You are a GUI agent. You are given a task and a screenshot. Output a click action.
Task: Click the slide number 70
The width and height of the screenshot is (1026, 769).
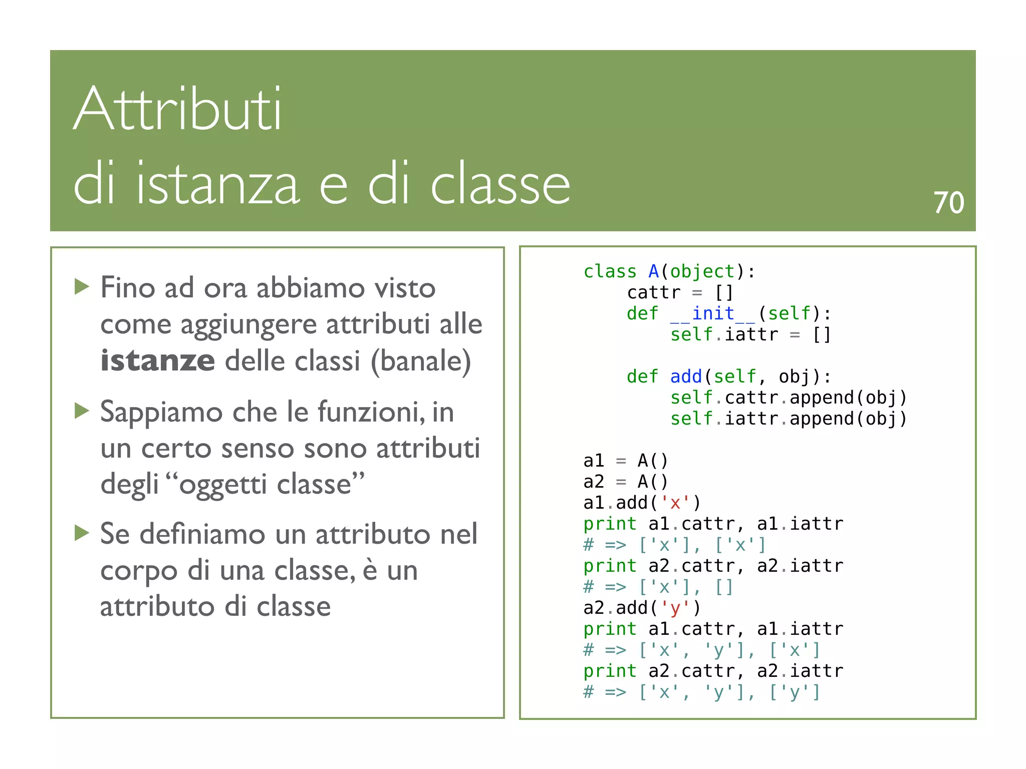[x=948, y=203]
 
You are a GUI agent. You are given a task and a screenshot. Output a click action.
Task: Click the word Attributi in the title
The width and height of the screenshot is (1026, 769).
[x=178, y=109]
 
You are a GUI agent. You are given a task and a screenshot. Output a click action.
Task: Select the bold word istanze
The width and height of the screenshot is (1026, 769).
[x=158, y=360]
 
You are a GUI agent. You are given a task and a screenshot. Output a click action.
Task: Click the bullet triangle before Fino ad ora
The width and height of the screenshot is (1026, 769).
[x=82, y=287]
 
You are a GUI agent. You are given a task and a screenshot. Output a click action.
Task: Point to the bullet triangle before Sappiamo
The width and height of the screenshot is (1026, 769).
[x=82, y=411]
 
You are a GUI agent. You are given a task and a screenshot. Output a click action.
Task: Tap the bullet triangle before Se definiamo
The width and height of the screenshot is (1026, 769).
[x=82, y=533]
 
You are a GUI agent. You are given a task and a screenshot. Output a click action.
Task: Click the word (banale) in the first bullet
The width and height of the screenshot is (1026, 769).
[x=421, y=360]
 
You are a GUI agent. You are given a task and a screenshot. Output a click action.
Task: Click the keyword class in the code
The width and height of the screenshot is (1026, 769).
[x=610, y=271]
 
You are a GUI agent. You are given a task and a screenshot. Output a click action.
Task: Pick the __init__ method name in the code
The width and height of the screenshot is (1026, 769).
[x=713, y=313]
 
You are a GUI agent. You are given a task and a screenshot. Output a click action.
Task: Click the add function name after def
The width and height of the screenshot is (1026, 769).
[x=686, y=376]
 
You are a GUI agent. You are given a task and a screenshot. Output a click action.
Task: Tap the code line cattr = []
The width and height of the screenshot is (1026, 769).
[x=680, y=292]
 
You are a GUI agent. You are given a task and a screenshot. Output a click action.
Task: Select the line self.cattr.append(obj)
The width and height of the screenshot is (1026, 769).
[x=789, y=398]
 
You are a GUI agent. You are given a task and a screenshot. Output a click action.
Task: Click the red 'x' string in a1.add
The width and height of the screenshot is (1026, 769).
[x=675, y=503]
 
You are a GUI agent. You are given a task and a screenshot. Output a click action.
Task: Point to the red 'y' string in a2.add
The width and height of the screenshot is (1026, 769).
[x=675, y=608]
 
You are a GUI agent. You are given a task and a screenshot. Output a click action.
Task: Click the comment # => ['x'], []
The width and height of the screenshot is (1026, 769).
[x=658, y=587]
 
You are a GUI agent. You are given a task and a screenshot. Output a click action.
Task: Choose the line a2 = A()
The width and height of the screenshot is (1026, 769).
[x=626, y=482]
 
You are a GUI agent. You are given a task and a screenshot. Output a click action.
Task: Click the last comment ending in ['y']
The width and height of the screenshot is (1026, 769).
[x=701, y=692]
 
